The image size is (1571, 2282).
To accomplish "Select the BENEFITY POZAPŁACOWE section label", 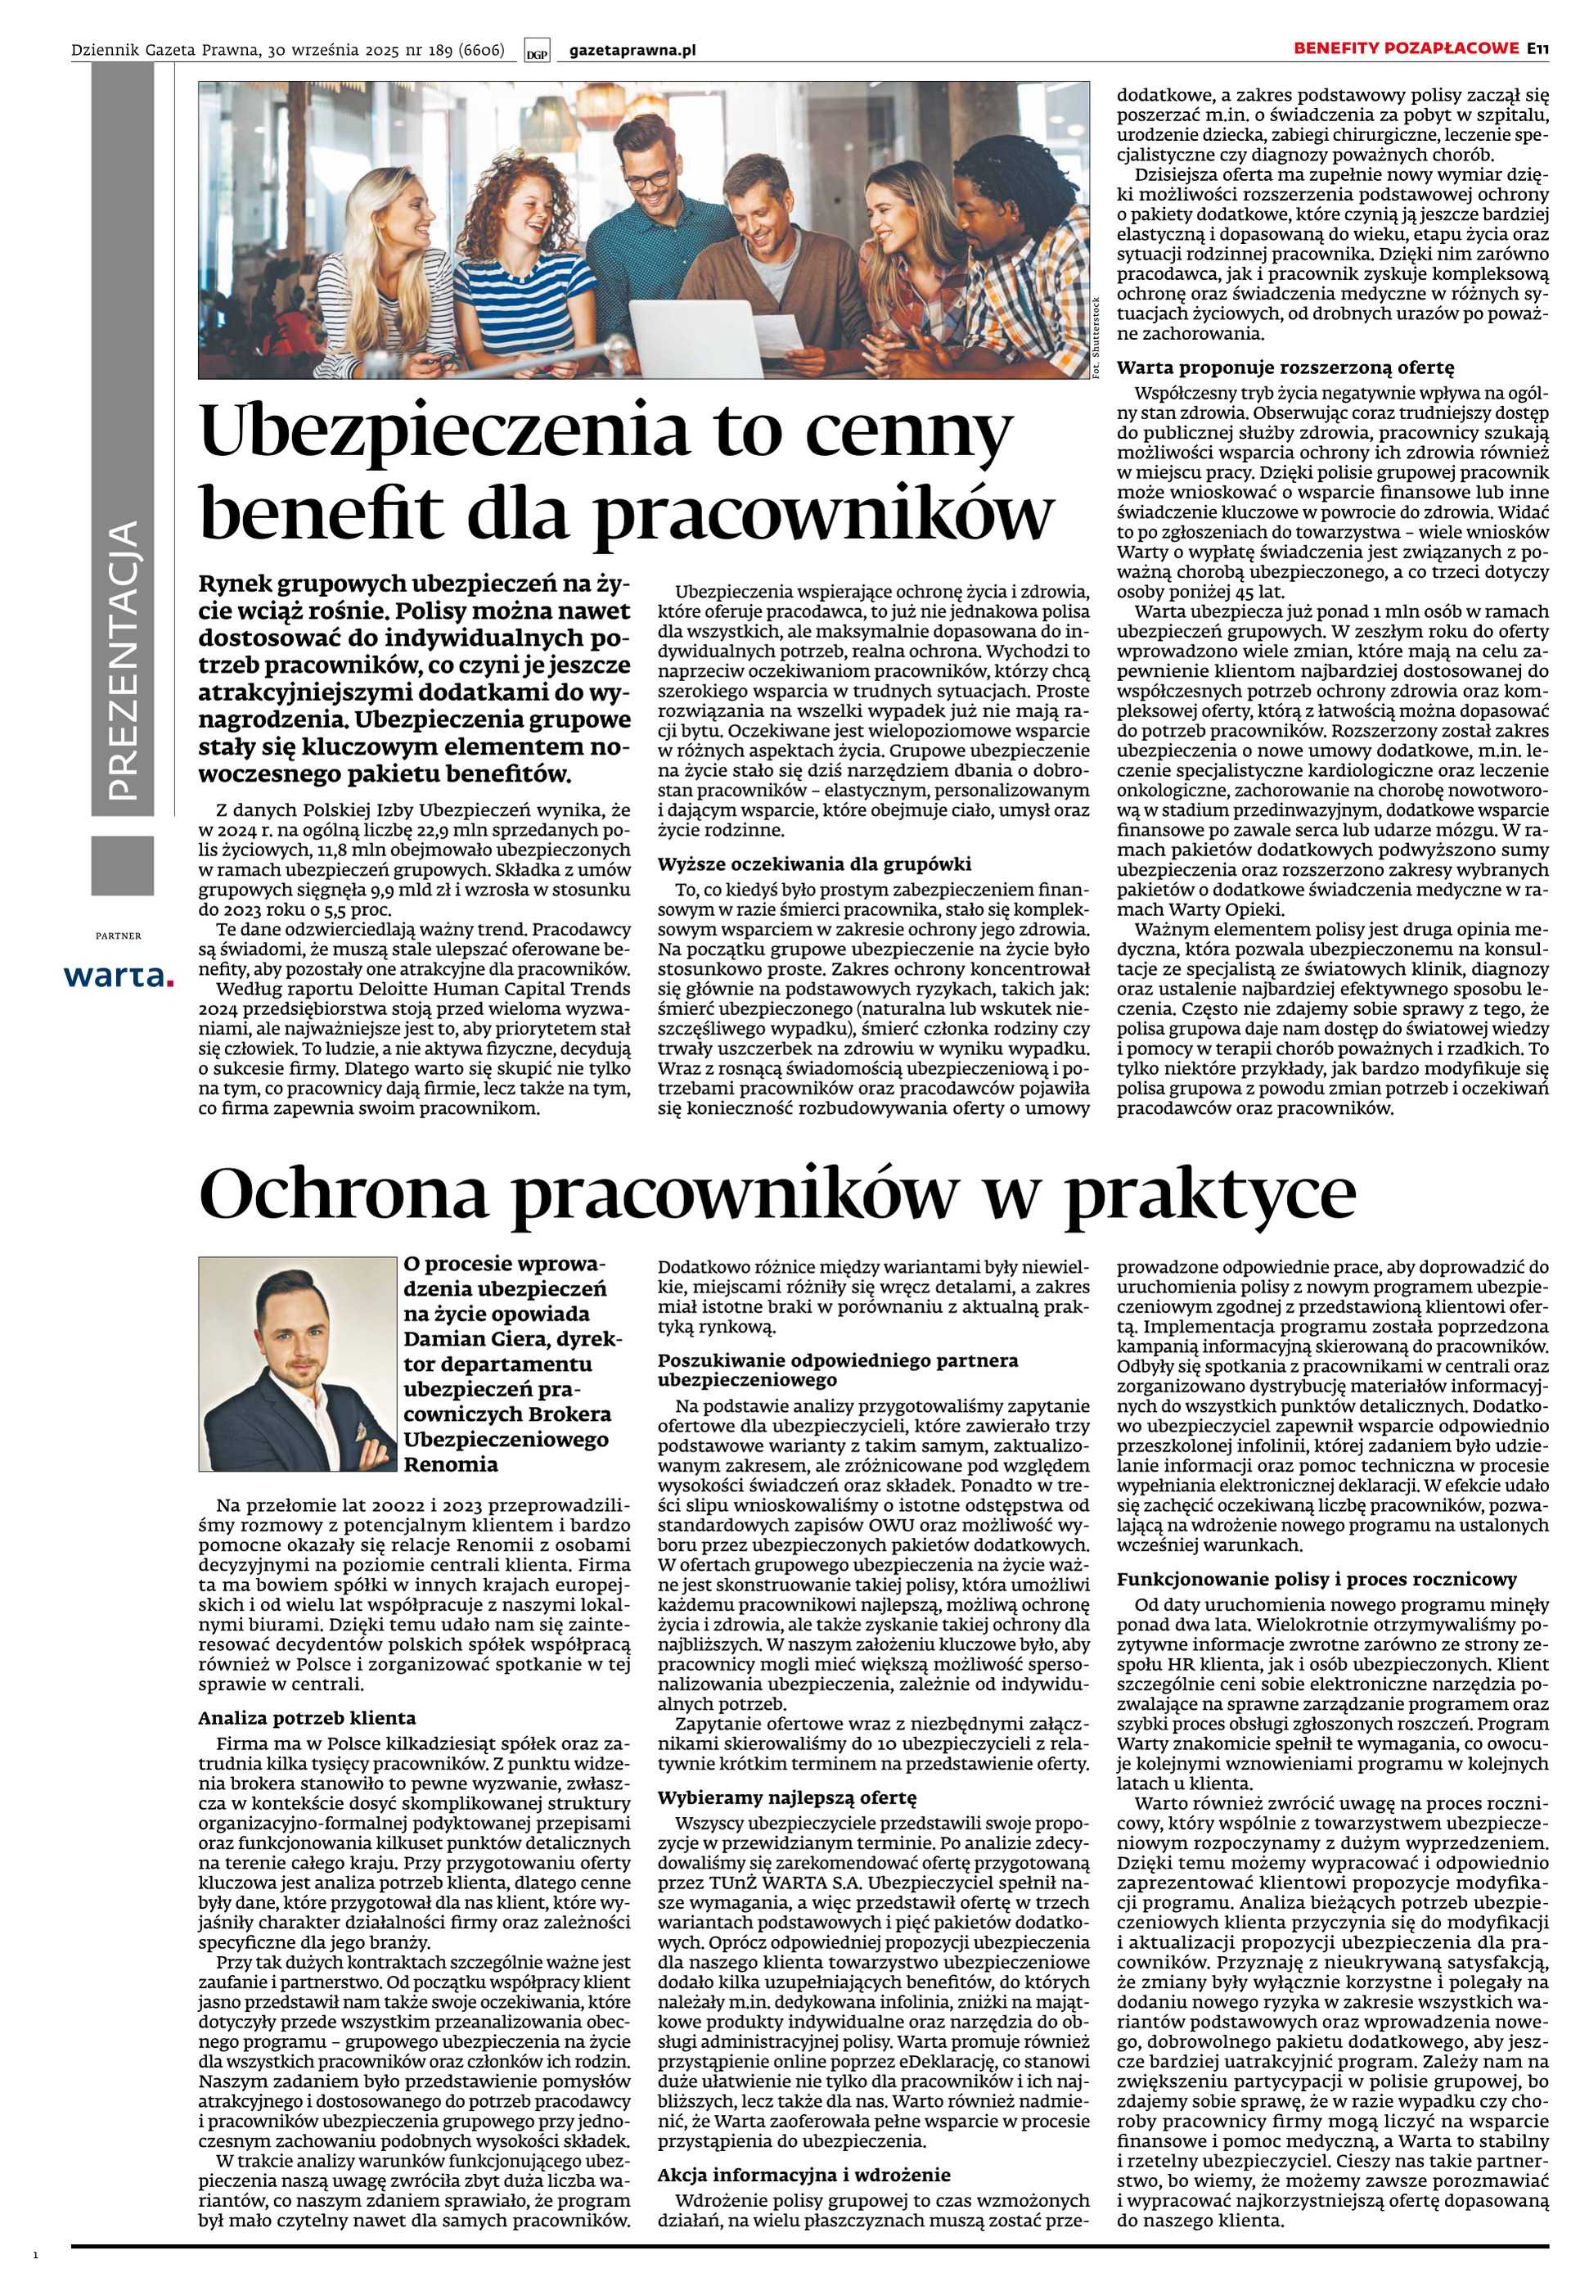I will coord(1407,48).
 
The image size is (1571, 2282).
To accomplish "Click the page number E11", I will coord(1538,48).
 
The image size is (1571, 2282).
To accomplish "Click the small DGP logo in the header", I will coord(538,52).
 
